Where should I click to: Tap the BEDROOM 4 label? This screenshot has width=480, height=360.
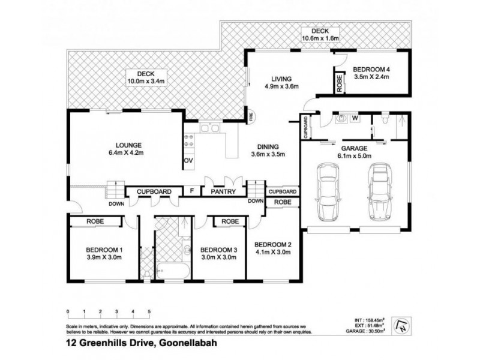[x=371, y=68]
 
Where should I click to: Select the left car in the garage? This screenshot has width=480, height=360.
[x=328, y=193]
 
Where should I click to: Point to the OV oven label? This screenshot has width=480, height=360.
[x=187, y=161]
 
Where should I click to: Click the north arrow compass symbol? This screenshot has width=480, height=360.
[x=401, y=326]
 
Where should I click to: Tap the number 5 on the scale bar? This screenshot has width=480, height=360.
[x=149, y=311]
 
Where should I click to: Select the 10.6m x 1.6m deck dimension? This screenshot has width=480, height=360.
[x=320, y=39]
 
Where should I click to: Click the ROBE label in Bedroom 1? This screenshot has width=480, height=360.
[x=95, y=221]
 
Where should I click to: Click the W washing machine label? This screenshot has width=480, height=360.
[x=355, y=118]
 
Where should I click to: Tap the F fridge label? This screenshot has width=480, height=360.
[x=191, y=191]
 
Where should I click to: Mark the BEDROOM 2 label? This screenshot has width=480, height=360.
[x=273, y=245]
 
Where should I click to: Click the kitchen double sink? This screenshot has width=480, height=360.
[x=209, y=127]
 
